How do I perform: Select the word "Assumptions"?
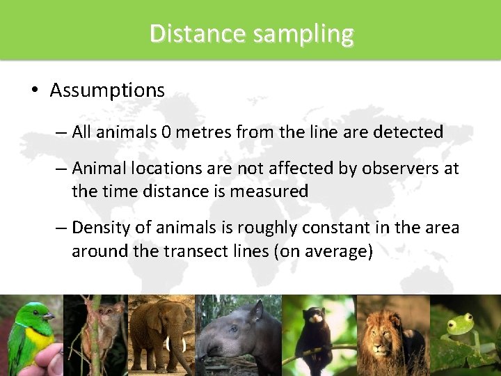pyautogui.click(x=107, y=91)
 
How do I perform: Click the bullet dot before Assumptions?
pyautogui.click(x=33, y=91)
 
